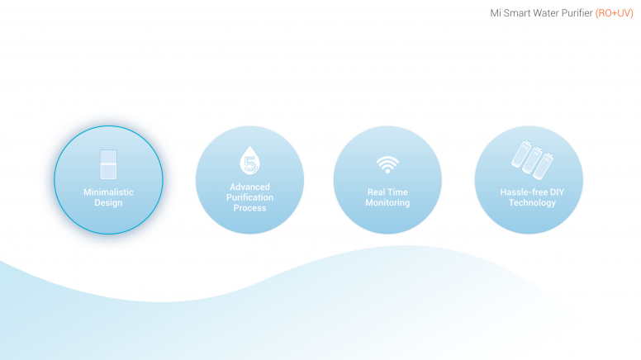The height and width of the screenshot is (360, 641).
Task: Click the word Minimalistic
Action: click(x=108, y=192)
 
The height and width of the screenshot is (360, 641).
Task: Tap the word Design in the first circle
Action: click(x=108, y=202)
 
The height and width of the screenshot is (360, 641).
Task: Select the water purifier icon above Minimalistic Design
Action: click(x=108, y=164)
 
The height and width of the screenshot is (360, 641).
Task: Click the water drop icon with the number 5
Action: click(x=249, y=160)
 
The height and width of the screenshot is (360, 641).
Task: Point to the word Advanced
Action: click(x=249, y=187)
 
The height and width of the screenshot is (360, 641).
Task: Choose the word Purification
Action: click(x=249, y=197)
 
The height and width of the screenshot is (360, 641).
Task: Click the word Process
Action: click(x=249, y=208)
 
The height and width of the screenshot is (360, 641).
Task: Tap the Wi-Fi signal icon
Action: click(x=387, y=164)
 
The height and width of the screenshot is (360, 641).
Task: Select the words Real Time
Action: click(x=387, y=192)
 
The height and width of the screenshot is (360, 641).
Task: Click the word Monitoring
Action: click(x=387, y=202)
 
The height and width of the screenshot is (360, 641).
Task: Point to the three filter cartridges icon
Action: click(x=532, y=160)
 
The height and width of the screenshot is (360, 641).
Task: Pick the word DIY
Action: click(x=558, y=192)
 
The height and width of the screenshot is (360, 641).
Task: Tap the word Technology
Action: click(x=532, y=202)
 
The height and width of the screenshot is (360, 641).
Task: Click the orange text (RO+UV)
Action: click(x=615, y=13)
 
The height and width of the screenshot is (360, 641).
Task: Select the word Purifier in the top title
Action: click(x=577, y=13)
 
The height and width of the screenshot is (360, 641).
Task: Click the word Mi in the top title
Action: click(x=496, y=13)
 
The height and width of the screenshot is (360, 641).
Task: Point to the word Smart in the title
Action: click(x=516, y=13)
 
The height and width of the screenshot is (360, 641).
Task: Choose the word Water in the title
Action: click(x=545, y=13)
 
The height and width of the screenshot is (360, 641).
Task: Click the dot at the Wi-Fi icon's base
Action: click(x=387, y=171)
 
